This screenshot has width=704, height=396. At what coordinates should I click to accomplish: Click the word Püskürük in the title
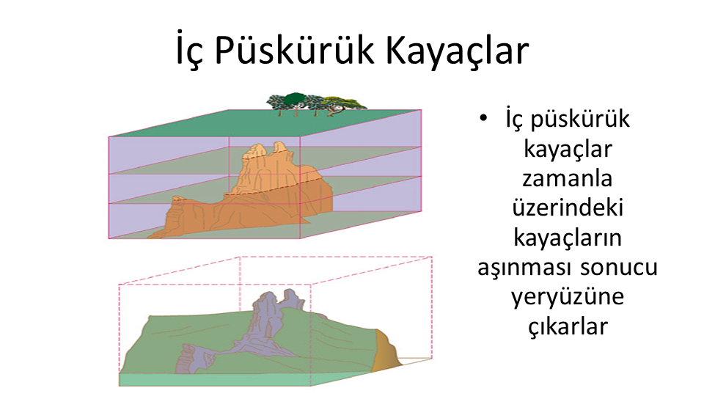click(294, 51)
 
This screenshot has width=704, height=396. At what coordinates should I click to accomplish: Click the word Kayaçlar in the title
click(457, 51)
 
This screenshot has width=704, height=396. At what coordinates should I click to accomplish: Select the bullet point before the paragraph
click(483, 118)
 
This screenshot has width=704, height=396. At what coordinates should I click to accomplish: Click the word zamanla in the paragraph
click(568, 178)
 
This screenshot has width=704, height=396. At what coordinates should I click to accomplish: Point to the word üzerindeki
click(568, 208)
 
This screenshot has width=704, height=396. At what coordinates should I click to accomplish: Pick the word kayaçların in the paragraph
click(568, 238)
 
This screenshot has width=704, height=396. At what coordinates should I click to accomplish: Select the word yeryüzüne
click(568, 298)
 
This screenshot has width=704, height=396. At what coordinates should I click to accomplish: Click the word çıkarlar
click(568, 326)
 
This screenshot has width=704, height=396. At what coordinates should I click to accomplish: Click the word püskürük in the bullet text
click(580, 120)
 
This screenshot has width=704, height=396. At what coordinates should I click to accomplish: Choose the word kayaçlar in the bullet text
click(568, 150)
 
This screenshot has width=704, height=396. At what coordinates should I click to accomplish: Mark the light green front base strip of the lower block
click(215, 380)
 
